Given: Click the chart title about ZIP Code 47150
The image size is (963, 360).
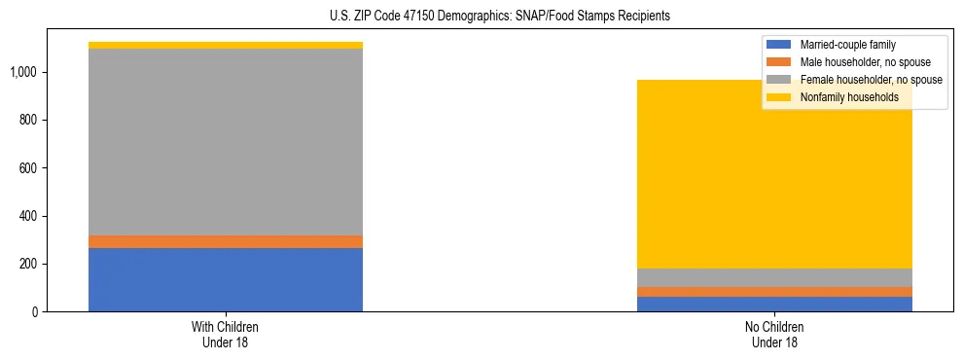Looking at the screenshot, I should click(x=500, y=17).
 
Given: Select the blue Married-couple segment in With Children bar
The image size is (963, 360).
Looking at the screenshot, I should click(x=226, y=279).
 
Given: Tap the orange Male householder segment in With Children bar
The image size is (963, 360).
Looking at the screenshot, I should click(x=226, y=241).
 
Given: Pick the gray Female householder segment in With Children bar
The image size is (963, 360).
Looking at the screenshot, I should click(x=226, y=142).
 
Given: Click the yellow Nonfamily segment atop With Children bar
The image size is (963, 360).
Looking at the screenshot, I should click(x=226, y=45).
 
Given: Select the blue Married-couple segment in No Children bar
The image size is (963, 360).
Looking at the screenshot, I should click(x=774, y=304).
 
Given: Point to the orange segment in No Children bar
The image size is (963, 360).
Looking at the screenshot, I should click(x=774, y=292).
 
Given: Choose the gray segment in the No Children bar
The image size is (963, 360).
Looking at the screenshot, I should click(x=774, y=277).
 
